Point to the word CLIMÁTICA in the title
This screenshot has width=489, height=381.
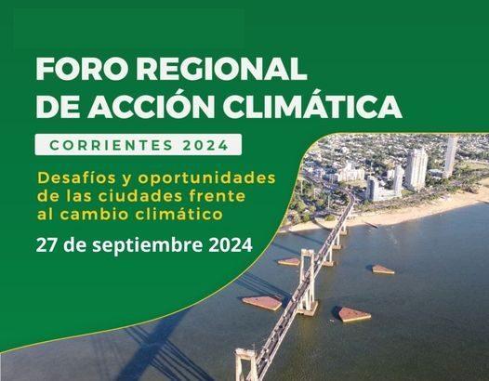(x=312, y=106)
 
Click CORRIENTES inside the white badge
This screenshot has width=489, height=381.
(x=112, y=145)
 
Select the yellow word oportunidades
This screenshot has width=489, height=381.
(x=206, y=178)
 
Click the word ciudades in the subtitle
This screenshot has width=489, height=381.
(x=140, y=196)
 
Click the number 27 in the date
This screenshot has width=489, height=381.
(x=46, y=245)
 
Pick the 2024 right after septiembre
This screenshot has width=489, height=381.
(x=231, y=245)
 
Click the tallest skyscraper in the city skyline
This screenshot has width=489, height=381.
(x=450, y=156)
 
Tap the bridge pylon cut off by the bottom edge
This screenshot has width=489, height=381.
(x=246, y=365)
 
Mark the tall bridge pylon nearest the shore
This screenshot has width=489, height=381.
(x=308, y=281)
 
